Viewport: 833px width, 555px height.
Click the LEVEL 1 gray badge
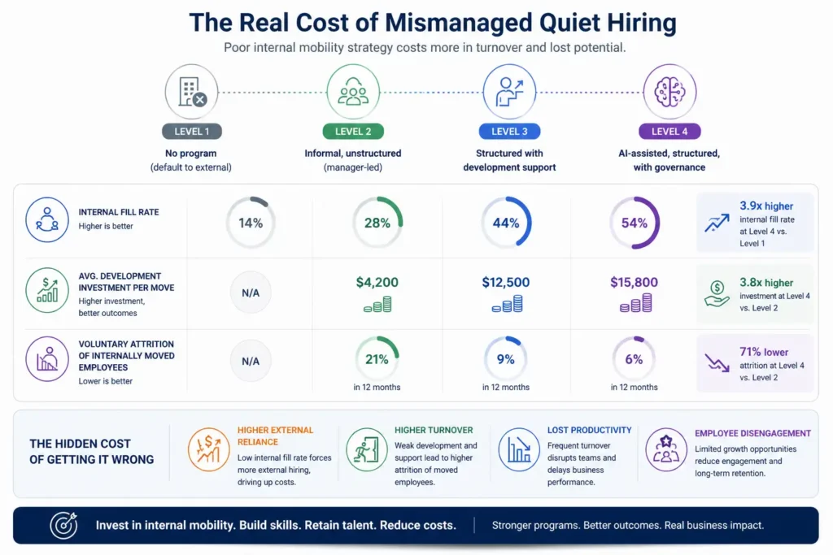click(192, 131)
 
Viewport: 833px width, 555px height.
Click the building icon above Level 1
click(191, 91)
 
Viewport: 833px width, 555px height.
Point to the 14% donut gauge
click(251, 223)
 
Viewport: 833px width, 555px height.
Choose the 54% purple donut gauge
click(635, 223)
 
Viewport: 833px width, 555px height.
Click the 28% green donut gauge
click(377, 223)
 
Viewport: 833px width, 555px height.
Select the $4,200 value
click(377, 283)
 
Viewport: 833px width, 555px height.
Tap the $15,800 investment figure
click(635, 283)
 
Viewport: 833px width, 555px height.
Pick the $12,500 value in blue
click(505, 283)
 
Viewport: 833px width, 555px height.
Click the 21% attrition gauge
click(377, 359)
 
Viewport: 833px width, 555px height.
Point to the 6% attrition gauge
click(635, 359)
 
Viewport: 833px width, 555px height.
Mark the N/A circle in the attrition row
click(251, 360)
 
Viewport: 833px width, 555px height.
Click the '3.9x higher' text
click(766, 206)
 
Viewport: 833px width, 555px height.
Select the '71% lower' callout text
click(765, 352)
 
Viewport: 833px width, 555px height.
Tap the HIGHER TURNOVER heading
click(434, 430)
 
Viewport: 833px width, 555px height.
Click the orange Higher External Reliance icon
click(208, 449)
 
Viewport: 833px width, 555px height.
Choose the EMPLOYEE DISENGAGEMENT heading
click(752, 433)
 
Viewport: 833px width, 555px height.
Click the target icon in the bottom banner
click(63, 525)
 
